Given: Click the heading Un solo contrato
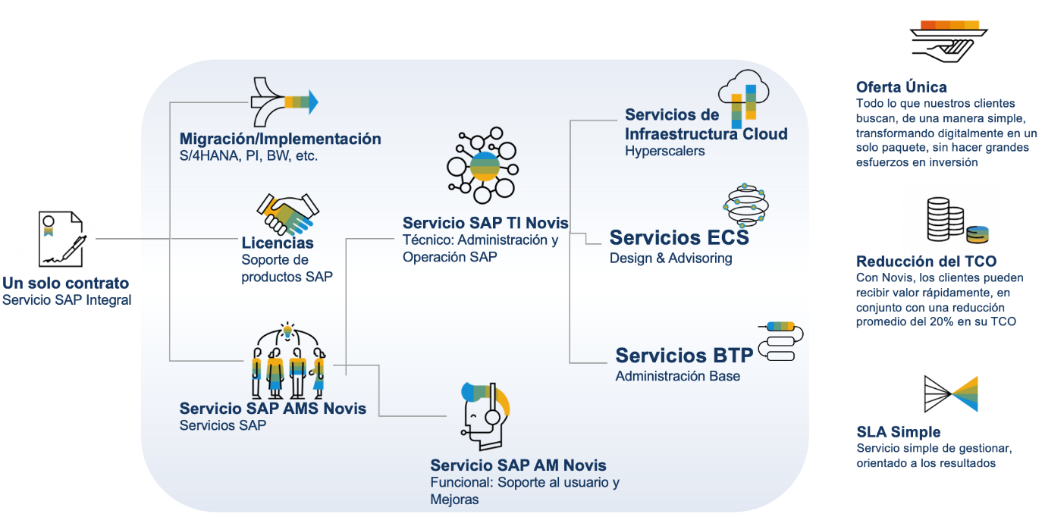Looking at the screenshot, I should [65, 284].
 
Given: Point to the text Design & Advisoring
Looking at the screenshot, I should [670, 258].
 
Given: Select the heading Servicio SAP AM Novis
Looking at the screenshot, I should [518, 465].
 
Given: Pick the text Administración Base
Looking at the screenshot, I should [677, 376].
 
